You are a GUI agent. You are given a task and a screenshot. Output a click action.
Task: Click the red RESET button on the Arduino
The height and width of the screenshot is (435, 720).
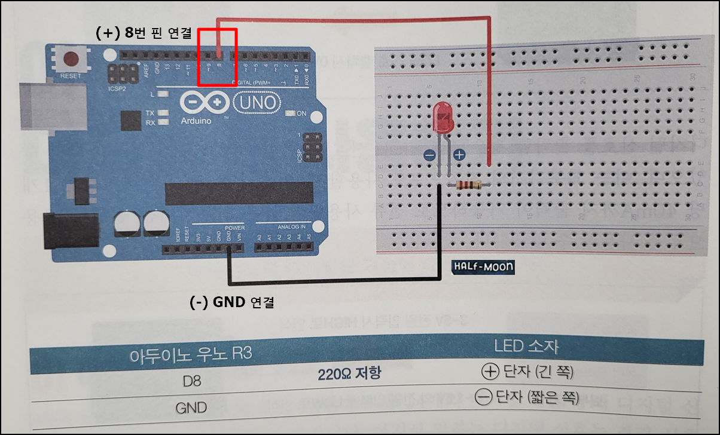[72, 60]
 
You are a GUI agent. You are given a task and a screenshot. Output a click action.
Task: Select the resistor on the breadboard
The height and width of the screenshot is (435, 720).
[469, 185]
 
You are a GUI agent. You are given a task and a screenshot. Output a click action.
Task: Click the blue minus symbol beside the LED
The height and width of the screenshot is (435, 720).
[429, 155]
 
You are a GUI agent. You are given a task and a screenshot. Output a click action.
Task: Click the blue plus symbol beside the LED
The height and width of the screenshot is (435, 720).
[459, 155]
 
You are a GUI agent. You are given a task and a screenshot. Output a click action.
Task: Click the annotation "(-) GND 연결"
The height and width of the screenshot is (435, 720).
[231, 302]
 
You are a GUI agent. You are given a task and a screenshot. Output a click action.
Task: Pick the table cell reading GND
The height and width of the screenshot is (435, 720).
[191, 408]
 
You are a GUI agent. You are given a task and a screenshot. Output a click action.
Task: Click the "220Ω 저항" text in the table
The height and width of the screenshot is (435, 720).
[350, 374]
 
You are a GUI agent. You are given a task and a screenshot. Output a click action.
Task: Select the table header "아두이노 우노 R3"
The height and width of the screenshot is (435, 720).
[191, 354]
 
